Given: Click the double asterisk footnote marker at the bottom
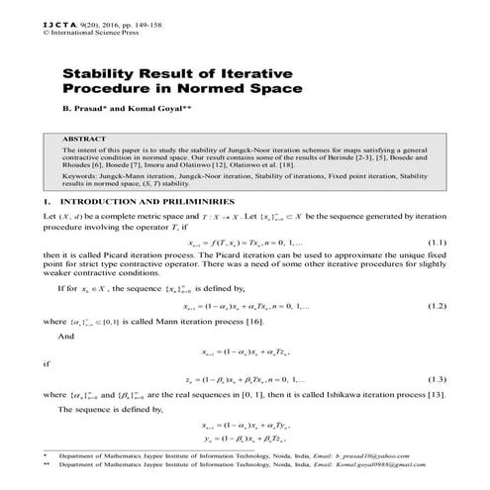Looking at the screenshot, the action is coord(46,469).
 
